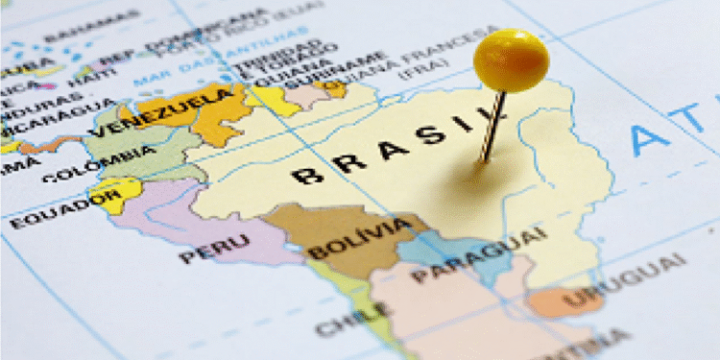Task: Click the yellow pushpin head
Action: (x=511, y=60)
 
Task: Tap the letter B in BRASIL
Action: (x=306, y=175)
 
